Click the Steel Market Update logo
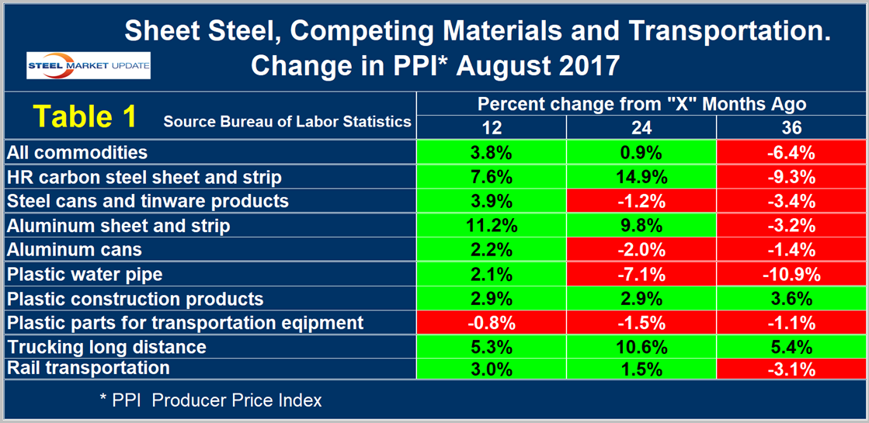[89, 65]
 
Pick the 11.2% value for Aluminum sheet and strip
[491, 225]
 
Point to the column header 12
[491, 127]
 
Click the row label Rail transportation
[87, 367]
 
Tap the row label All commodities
[77, 152]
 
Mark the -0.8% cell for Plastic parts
[491, 323]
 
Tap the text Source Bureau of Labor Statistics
[287, 121]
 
